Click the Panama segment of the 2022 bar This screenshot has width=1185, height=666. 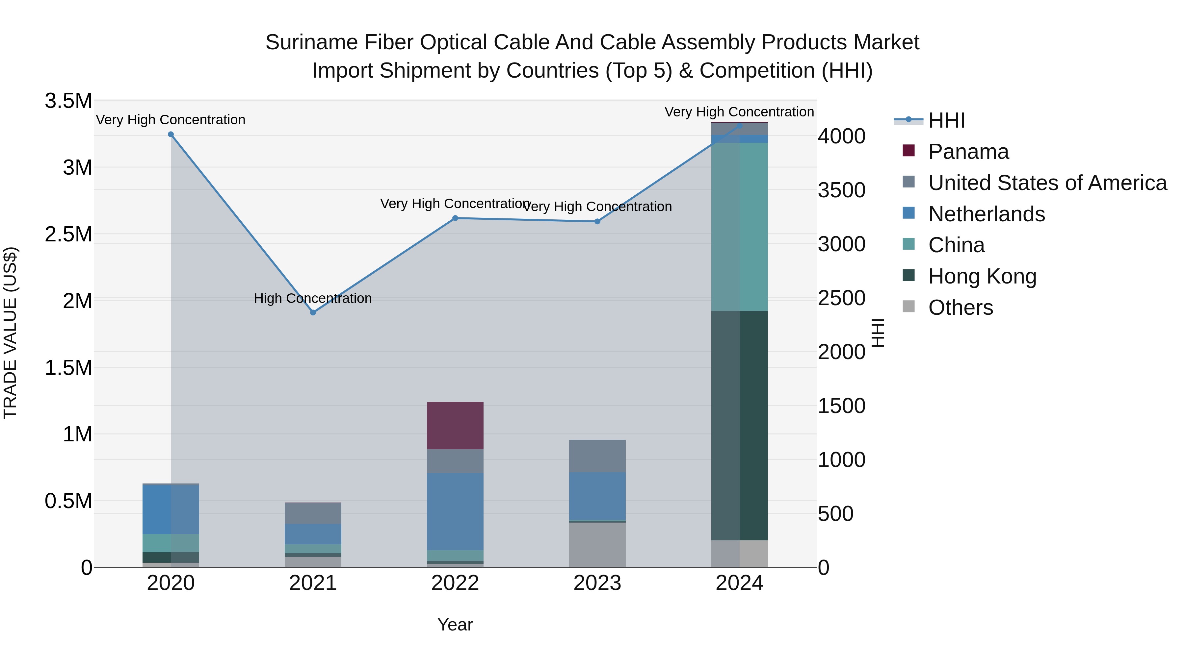tap(455, 425)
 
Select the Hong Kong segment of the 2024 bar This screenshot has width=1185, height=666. tap(739, 425)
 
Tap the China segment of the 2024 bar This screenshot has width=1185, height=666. tap(739, 227)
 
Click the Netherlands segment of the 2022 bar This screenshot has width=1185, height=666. tap(455, 511)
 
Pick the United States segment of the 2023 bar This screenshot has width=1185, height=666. tap(597, 456)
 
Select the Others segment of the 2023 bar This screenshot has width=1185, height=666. tap(597, 545)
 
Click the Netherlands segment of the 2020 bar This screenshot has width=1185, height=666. tap(171, 509)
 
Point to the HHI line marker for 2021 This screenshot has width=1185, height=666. tap(313, 312)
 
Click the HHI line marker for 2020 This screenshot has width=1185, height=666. tap(171, 134)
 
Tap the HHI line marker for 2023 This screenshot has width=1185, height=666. tap(597, 222)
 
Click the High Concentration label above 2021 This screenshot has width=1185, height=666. tap(313, 298)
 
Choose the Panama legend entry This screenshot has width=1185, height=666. tap(968, 152)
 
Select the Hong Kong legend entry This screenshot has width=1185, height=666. tap(982, 276)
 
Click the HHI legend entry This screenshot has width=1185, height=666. tap(946, 120)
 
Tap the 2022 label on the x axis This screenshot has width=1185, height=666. tap(455, 583)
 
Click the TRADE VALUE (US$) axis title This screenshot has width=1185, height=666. tap(10, 333)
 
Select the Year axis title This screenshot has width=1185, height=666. tap(455, 625)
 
